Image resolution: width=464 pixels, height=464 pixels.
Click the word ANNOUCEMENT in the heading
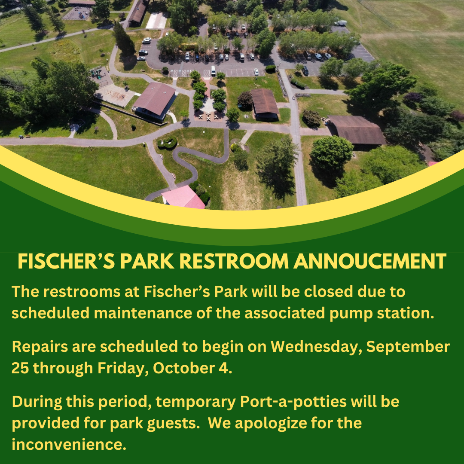[369, 261]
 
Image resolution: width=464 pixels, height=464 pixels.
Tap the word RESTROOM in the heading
[234, 261]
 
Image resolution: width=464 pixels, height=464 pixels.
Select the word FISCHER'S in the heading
[66, 261]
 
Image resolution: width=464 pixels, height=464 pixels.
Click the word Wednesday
[316, 347]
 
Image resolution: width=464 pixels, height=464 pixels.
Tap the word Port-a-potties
[293, 402]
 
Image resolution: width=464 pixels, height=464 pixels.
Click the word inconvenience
[69, 444]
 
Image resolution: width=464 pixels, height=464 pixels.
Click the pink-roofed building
[183, 197]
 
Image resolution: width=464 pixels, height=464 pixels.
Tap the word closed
[329, 291]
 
